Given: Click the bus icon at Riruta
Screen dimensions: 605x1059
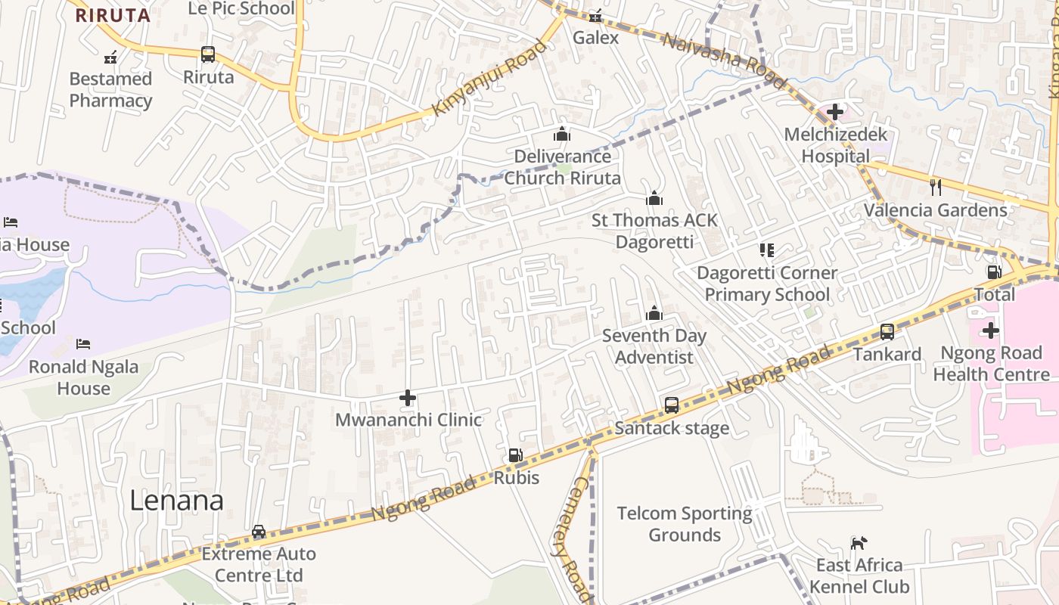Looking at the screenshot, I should (x=208, y=54).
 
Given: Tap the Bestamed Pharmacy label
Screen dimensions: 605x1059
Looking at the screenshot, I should (x=110, y=89).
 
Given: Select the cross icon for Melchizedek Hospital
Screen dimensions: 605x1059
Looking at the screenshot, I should (x=835, y=113).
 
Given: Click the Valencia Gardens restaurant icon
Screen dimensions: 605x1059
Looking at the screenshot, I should (x=936, y=187).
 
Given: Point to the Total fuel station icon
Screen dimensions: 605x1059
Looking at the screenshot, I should (x=994, y=271).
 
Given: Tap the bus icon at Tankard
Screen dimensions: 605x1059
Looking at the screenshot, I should (x=887, y=331).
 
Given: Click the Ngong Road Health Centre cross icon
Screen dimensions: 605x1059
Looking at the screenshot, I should (x=990, y=330).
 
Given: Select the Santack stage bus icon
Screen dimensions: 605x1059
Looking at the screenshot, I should (x=672, y=405).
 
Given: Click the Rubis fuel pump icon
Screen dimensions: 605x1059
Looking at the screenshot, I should (x=516, y=455).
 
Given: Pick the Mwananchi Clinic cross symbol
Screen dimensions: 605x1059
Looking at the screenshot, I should (x=408, y=397).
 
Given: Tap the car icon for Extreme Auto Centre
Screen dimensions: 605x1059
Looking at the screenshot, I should (x=259, y=532).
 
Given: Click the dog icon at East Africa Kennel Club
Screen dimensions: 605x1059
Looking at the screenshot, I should (x=859, y=543).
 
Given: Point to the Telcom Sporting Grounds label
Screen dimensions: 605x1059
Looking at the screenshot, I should (x=685, y=524).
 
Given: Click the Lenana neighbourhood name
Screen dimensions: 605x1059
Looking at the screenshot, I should (x=176, y=501).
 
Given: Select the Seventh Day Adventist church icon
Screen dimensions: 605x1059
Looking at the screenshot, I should (x=654, y=313).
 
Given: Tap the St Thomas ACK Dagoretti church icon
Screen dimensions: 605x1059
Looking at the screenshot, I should (x=654, y=198).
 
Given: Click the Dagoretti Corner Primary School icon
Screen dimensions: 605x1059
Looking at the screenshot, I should (x=767, y=250).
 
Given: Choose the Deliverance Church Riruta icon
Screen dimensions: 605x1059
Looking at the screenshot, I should (x=562, y=134).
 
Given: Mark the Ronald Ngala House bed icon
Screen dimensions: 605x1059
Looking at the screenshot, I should (x=83, y=344).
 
